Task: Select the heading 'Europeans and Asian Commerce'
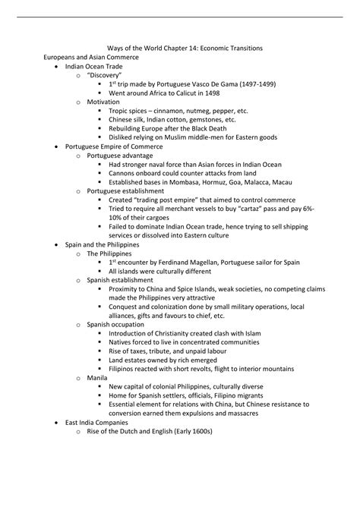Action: point(91,58)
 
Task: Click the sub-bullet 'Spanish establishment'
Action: point(121,280)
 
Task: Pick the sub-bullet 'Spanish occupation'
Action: point(116,324)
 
